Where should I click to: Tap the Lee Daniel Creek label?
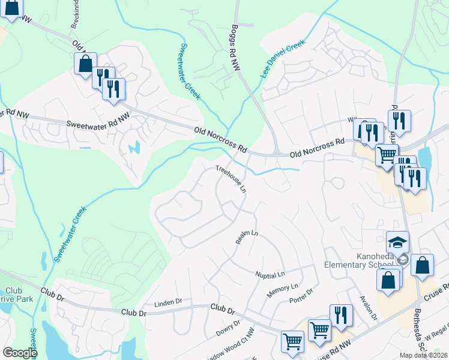[x=283, y=59]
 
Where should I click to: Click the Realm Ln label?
[x=247, y=237]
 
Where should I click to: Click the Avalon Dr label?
[x=367, y=308]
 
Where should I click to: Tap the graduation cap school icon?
[x=397, y=242]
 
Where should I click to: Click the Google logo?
[x=20, y=352]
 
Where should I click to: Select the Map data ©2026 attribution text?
[x=424, y=355]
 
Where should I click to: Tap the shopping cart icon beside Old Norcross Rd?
[x=387, y=155]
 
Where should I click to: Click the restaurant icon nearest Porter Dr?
[x=340, y=315]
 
